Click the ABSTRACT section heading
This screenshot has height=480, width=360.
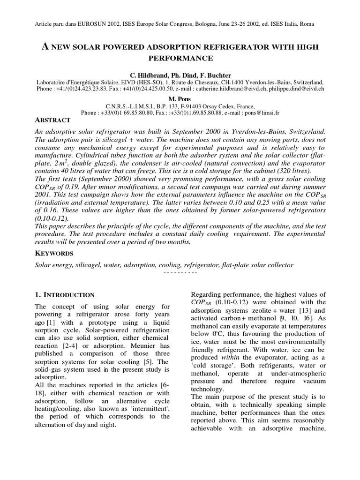click(53, 120)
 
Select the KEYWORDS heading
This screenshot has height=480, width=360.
click(54, 254)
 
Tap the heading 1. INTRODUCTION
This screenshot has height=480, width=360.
click(65, 295)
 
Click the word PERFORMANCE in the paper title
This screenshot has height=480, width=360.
click(180, 58)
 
